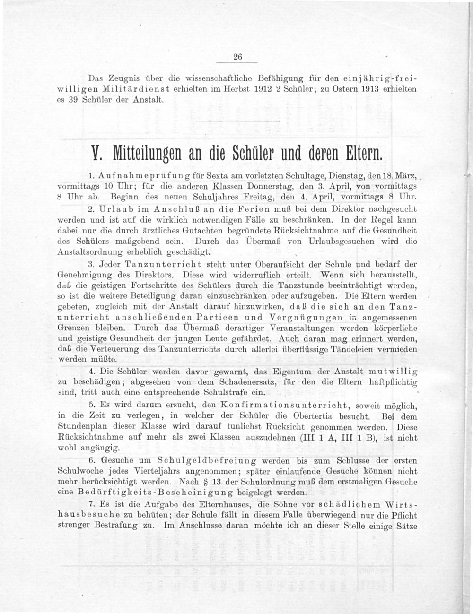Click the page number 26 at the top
point(237,57)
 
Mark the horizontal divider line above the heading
point(237,122)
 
